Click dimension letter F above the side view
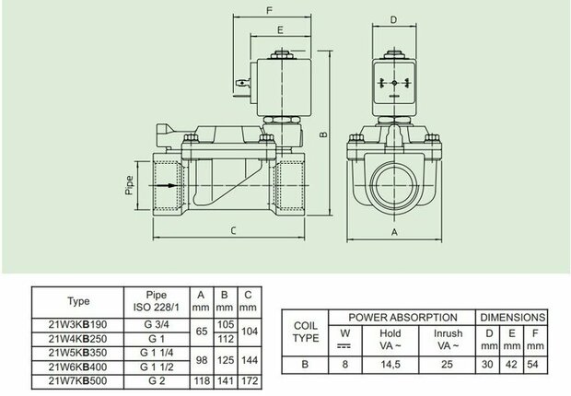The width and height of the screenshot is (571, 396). (x=269, y=10)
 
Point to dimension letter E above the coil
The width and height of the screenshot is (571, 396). (x=280, y=29)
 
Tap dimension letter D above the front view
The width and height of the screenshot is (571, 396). (x=393, y=19)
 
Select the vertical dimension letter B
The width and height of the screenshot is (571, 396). (x=323, y=134)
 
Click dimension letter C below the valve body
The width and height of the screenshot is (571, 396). (x=233, y=230)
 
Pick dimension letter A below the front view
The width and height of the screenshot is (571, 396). (x=394, y=232)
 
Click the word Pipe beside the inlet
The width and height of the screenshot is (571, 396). (x=129, y=185)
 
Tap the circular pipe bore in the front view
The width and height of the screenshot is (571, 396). (x=394, y=186)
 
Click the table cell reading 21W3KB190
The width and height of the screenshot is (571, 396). (x=77, y=324)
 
